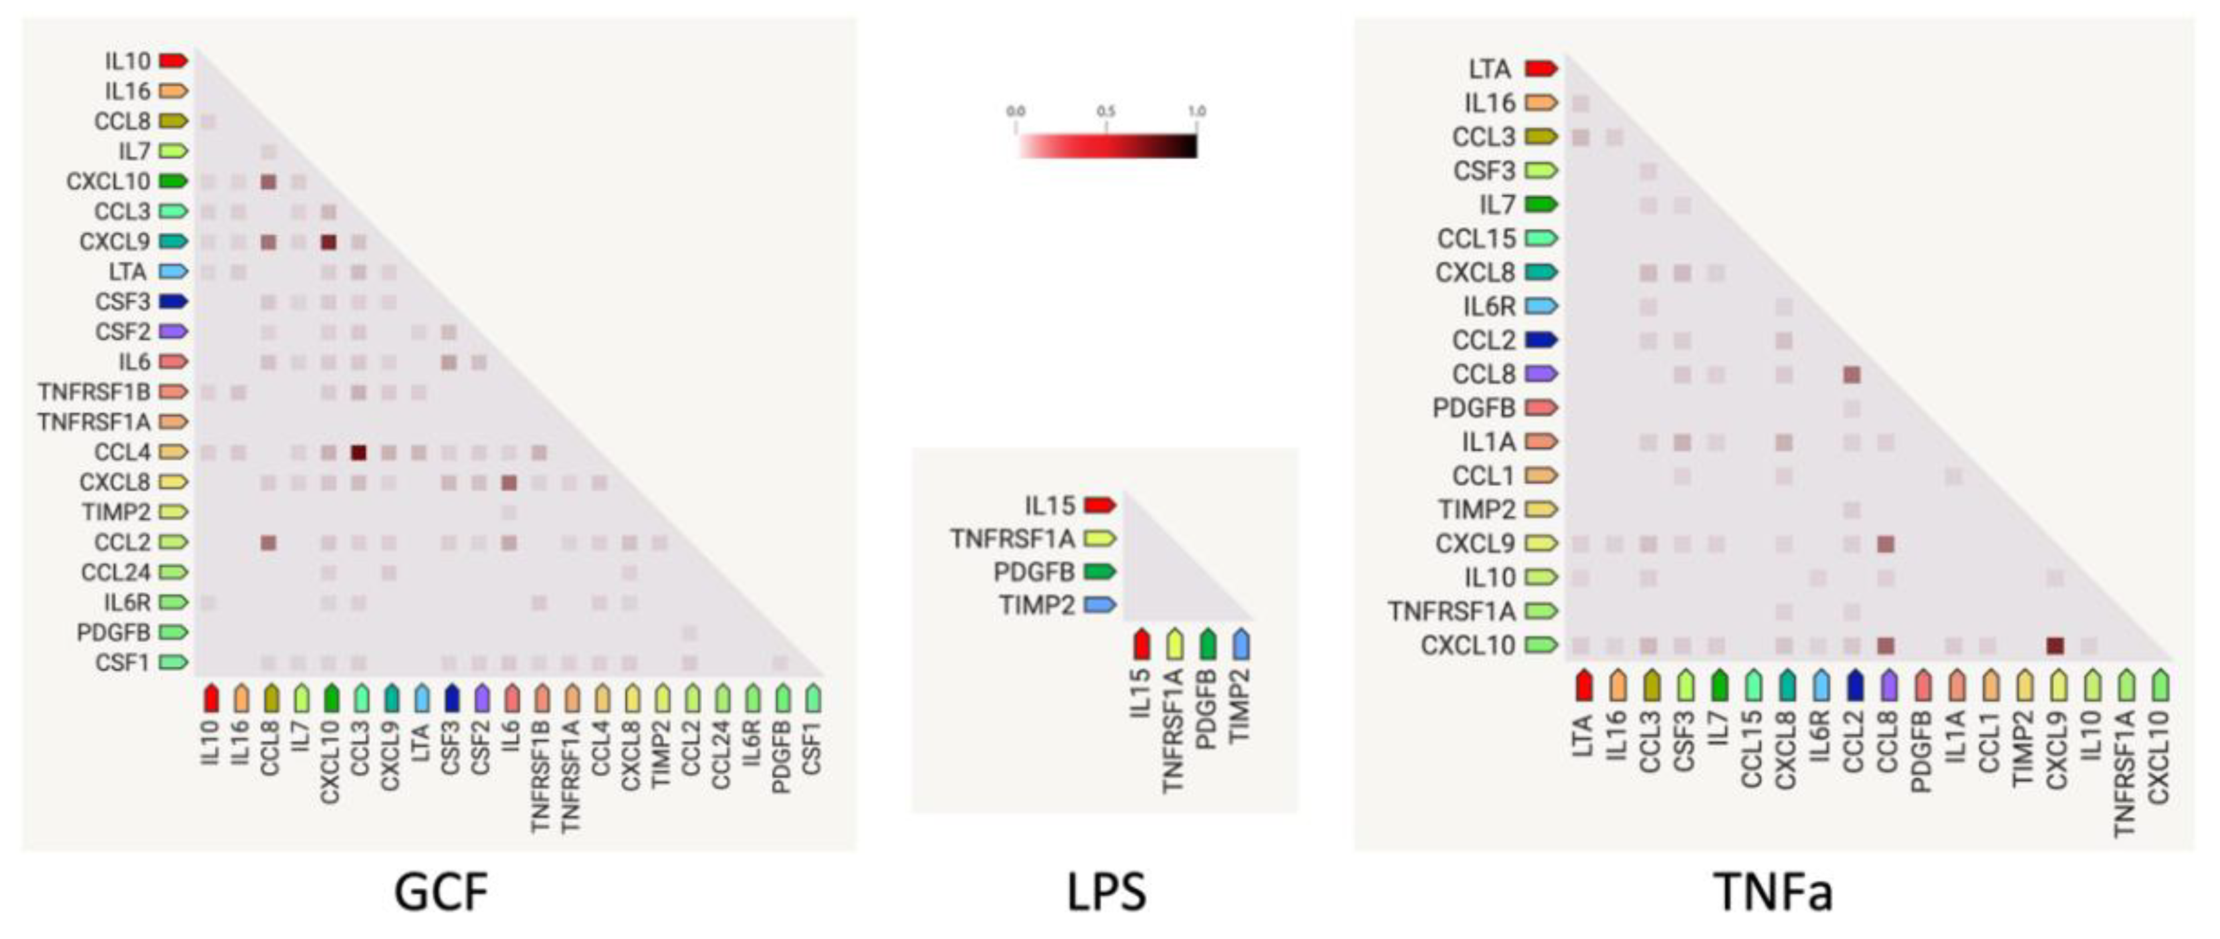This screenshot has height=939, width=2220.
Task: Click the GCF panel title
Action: tap(441, 892)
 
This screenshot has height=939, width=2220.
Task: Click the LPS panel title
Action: tap(1106, 892)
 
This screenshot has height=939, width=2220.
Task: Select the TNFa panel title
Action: tap(1773, 892)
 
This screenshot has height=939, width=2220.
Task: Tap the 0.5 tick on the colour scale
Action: tap(1106, 112)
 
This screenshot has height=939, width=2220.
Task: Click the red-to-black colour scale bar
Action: tap(1107, 146)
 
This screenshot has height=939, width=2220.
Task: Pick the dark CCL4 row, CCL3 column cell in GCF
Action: tap(358, 453)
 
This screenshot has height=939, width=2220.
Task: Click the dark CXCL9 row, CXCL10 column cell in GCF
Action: tap(328, 242)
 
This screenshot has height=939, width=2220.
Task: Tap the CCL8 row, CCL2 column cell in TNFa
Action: tap(1851, 375)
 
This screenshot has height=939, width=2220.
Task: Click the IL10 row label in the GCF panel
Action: tap(128, 62)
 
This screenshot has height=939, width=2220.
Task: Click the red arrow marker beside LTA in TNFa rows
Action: tap(1541, 68)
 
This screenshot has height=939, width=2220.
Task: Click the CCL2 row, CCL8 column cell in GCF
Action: tap(268, 543)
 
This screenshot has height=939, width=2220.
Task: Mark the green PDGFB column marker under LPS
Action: tap(1208, 644)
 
